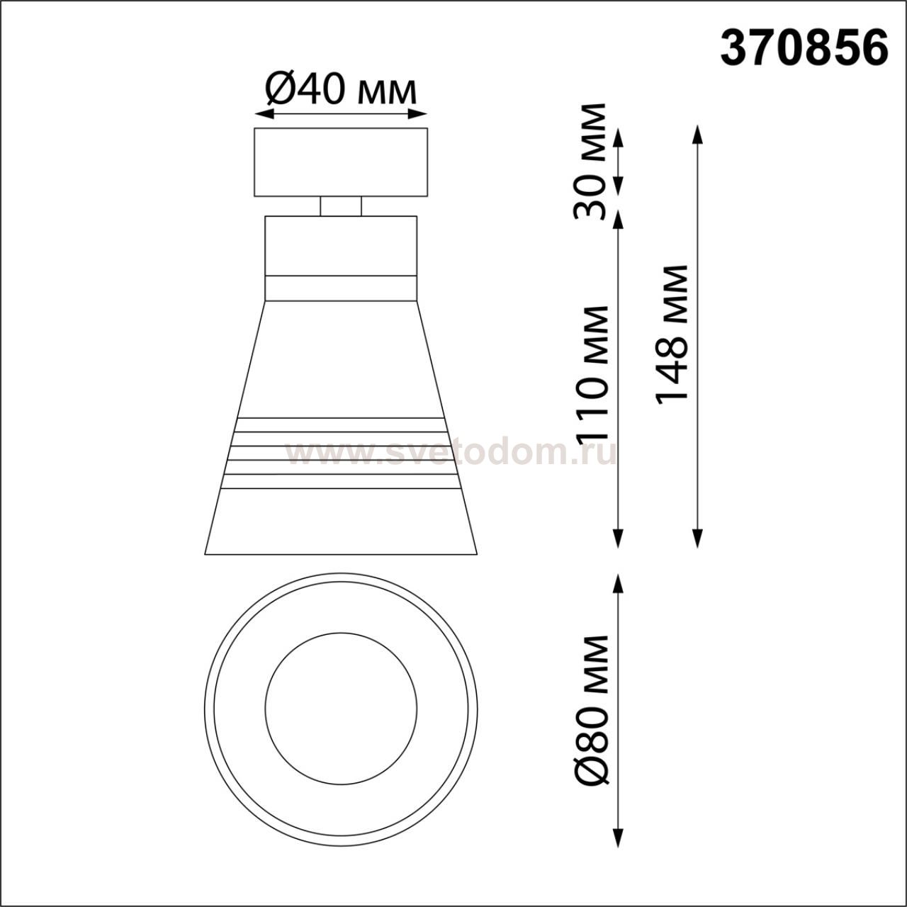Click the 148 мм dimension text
pyautogui.click(x=671, y=335)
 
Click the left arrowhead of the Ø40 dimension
pyautogui.click(x=264, y=113)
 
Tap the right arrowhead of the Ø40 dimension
pyautogui.click(x=417, y=113)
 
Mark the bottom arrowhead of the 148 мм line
pyautogui.click(x=697, y=539)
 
